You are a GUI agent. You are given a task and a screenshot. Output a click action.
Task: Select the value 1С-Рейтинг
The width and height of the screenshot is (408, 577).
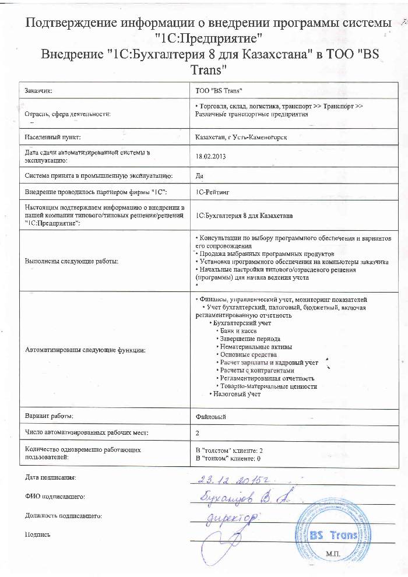tap(215, 192)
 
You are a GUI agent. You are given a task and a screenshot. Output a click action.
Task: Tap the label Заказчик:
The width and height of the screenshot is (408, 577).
tap(39, 91)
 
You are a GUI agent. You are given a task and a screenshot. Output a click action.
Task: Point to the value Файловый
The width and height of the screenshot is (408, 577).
tap(211, 417)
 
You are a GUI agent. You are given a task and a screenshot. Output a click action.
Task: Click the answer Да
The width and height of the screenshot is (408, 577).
tap(199, 175)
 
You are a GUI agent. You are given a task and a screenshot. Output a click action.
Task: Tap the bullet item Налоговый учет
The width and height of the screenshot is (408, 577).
tap(236, 395)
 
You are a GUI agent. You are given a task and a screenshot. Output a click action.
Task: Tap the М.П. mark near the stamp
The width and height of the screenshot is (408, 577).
tap(333, 553)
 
